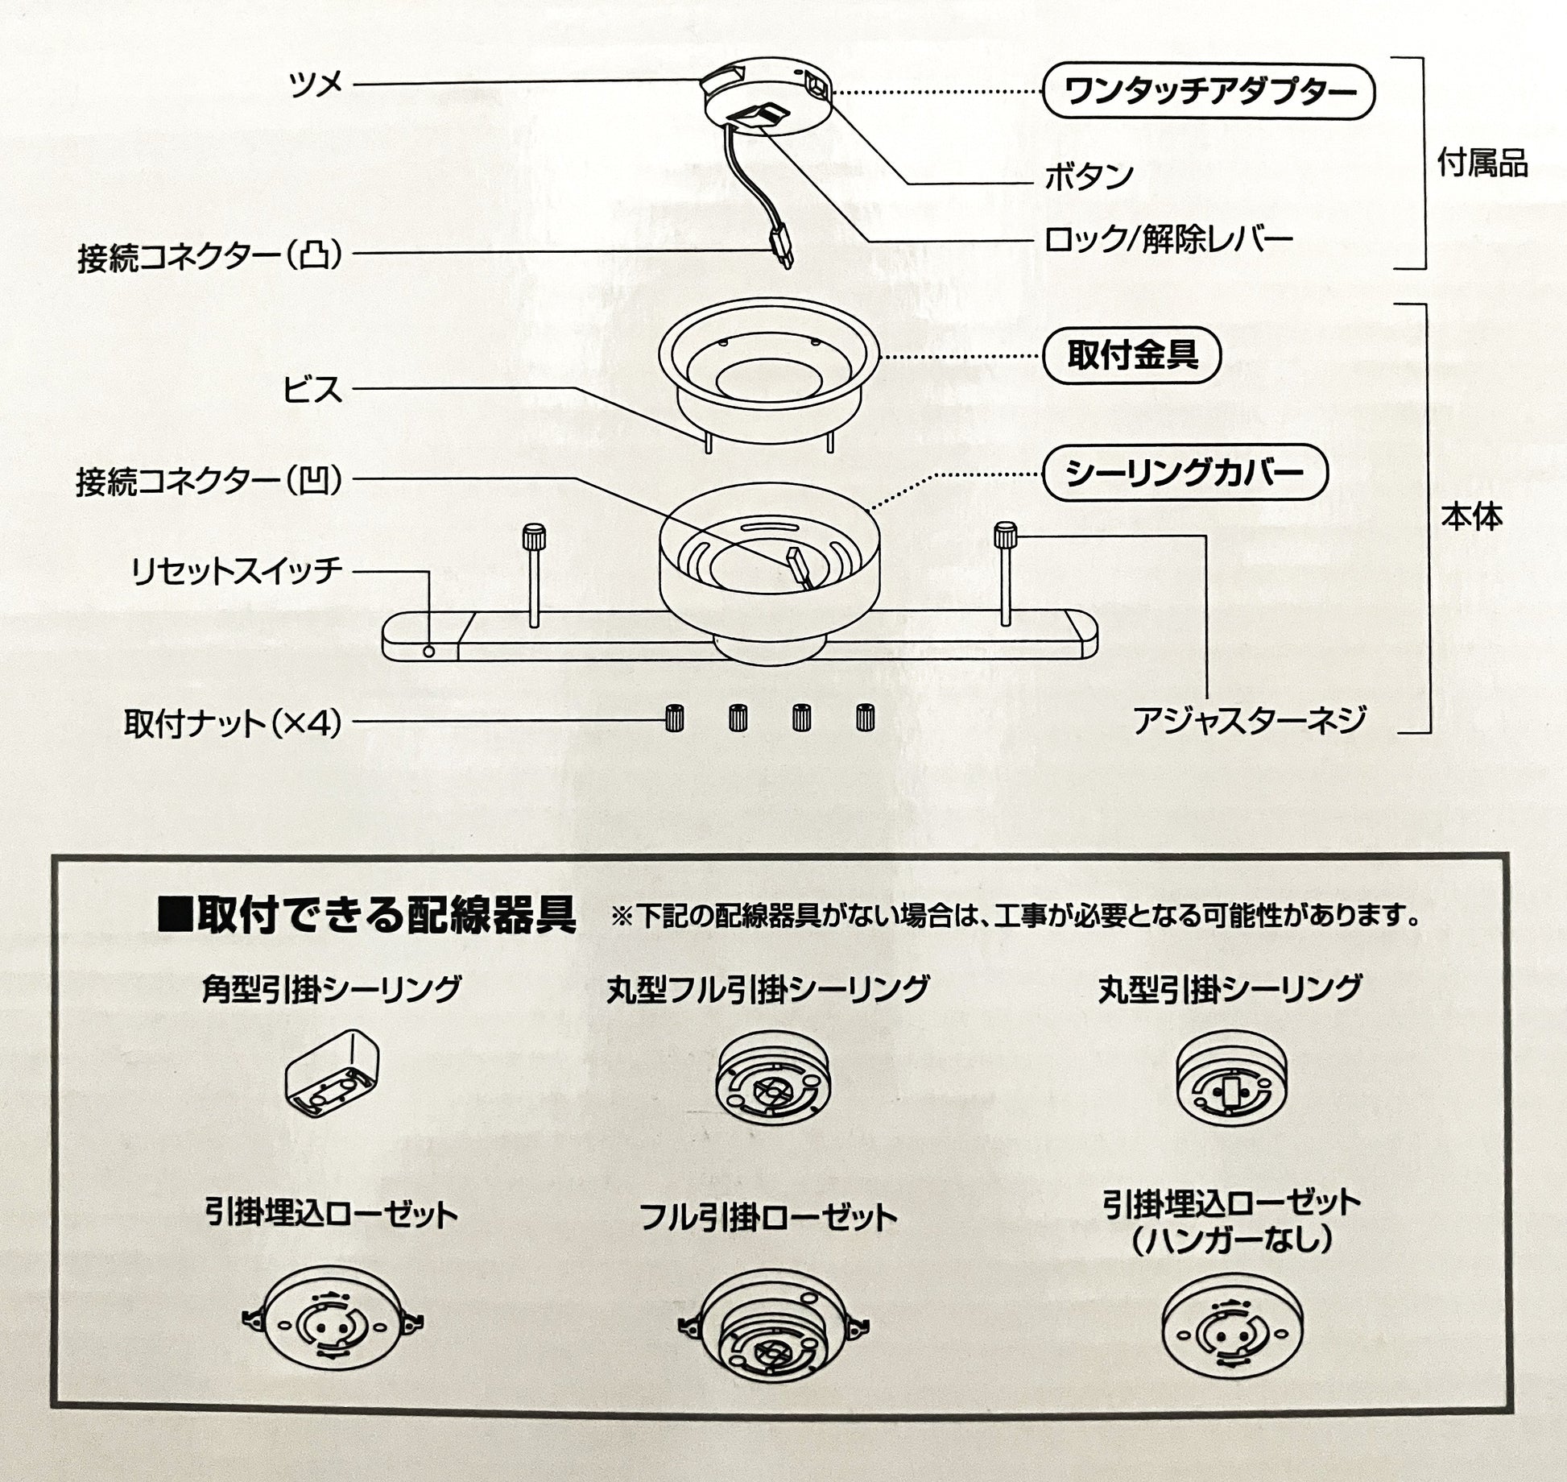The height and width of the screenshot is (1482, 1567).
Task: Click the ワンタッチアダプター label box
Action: pyautogui.click(x=1208, y=92)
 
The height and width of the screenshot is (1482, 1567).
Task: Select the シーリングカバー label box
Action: pyautogui.click(x=1184, y=473)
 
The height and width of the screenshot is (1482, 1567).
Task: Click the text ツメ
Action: pyautogui.click(x=316, y=84)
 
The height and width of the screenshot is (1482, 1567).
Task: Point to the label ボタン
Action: pyautogui.click(x=1089, y=176)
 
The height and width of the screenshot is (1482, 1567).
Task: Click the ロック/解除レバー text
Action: pyautogui.click(x=1168, y=239)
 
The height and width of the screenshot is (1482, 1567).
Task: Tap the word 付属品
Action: pyautogui.click(x=1482, y=164)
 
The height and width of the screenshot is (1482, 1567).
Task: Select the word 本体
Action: pyautogui.click(x=1471, y=517)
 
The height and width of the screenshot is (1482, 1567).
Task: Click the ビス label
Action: pyautogui.click(x=312, y=390)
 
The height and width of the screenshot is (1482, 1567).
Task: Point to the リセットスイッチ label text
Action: pyautogui.click(x=237, y=571)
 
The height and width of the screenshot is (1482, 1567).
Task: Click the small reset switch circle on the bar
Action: pyautogui.click(x=428, y=651)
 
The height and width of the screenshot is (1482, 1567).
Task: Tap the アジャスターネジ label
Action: pyautogui.click(x=1251, y=720)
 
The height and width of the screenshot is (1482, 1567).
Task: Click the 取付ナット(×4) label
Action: pyautogui.click(x=233, y=723)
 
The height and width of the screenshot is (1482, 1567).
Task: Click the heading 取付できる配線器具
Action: pyautogui.click(x=368, y=914)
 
